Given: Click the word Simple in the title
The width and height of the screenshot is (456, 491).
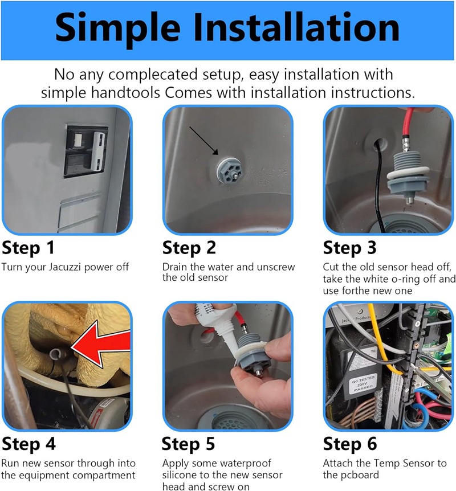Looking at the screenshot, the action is coord(117,28).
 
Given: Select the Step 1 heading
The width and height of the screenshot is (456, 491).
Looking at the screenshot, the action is coord(28,248).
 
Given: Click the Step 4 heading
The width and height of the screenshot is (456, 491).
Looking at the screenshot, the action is coord(28,444).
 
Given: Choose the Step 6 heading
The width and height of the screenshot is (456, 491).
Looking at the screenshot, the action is coord(350,444).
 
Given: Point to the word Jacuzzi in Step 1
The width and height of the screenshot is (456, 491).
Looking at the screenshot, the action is coord(65,267).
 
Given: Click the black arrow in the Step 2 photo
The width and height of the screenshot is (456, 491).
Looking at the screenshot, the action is coord(203,141).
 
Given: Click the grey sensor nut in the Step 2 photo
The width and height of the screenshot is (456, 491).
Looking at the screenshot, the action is coord(229,171).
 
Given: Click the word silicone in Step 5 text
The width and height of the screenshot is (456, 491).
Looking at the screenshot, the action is coord(181,475).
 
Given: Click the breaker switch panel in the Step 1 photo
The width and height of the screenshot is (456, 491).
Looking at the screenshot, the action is coord(86,152).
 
